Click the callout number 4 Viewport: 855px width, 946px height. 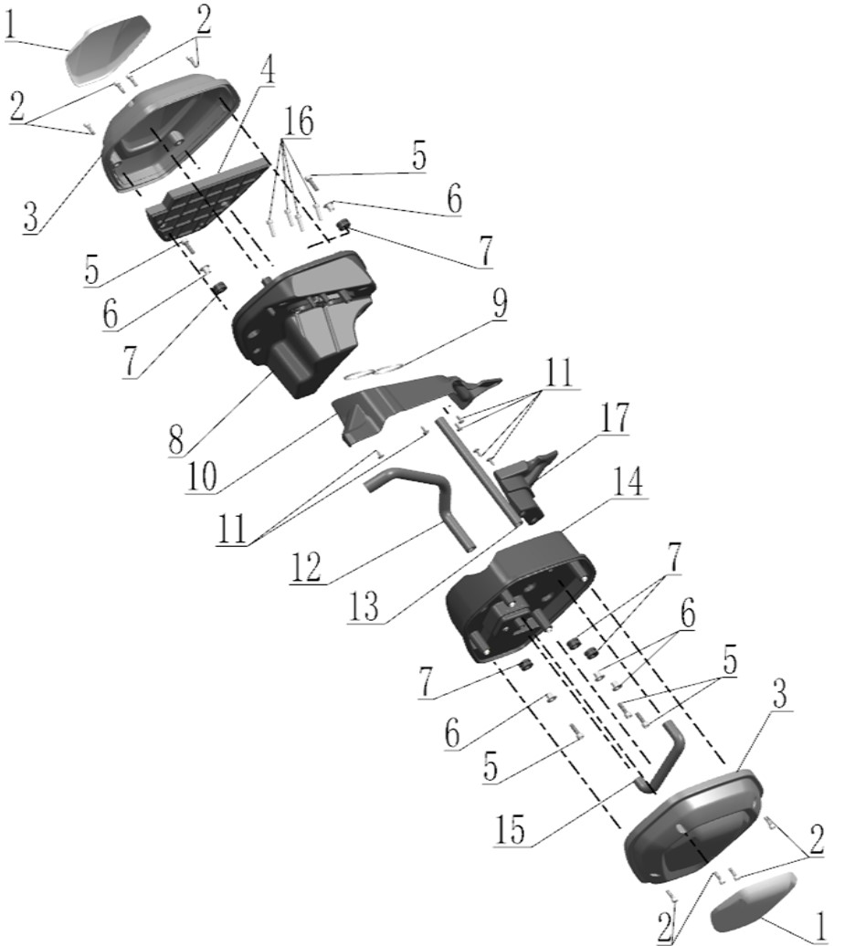pos(267,70)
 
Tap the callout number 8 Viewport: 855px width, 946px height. pos(176,439)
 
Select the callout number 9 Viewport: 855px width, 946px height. pos(500,303)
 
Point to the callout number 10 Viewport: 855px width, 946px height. pos(202,478)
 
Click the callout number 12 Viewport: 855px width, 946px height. pos(306,567)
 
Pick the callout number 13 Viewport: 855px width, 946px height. pos(364,606)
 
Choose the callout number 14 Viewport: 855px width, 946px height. pos(628,481)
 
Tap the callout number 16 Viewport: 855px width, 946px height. pos(298,121)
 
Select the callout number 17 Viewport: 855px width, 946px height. pos(614,417)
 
